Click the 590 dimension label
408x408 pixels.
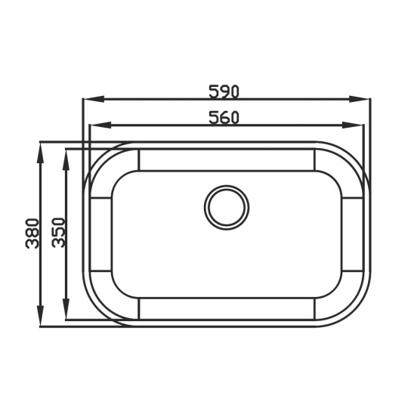tap(224, 91)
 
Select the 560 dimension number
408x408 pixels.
tap(224, 117)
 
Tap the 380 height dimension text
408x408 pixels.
tap(32, 233)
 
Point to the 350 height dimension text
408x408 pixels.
tap(57, 233)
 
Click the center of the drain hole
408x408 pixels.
tap(227, 207)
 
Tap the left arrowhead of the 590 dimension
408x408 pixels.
tap(94, 99)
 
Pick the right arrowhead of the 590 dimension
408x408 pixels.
tap(359, 99)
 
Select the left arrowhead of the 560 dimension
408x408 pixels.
tap(100, 125)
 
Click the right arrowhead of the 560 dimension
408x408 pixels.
tap(353, 125)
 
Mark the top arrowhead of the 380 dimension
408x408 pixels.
tap(40, 153)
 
